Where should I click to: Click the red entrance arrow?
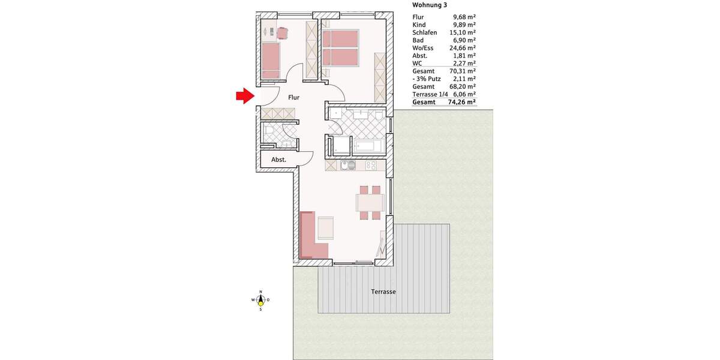(x=243, y=96)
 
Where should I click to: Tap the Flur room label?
(x=293, y=97)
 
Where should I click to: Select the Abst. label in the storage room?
(x=278, y=160)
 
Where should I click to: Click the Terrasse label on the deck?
(x=383, y=292)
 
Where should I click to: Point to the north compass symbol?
(x=260, y=299)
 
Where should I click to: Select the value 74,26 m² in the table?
(x=463, y=103)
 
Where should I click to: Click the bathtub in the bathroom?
(x=368, y=146)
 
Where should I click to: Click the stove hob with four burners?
(x=370, y=165)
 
